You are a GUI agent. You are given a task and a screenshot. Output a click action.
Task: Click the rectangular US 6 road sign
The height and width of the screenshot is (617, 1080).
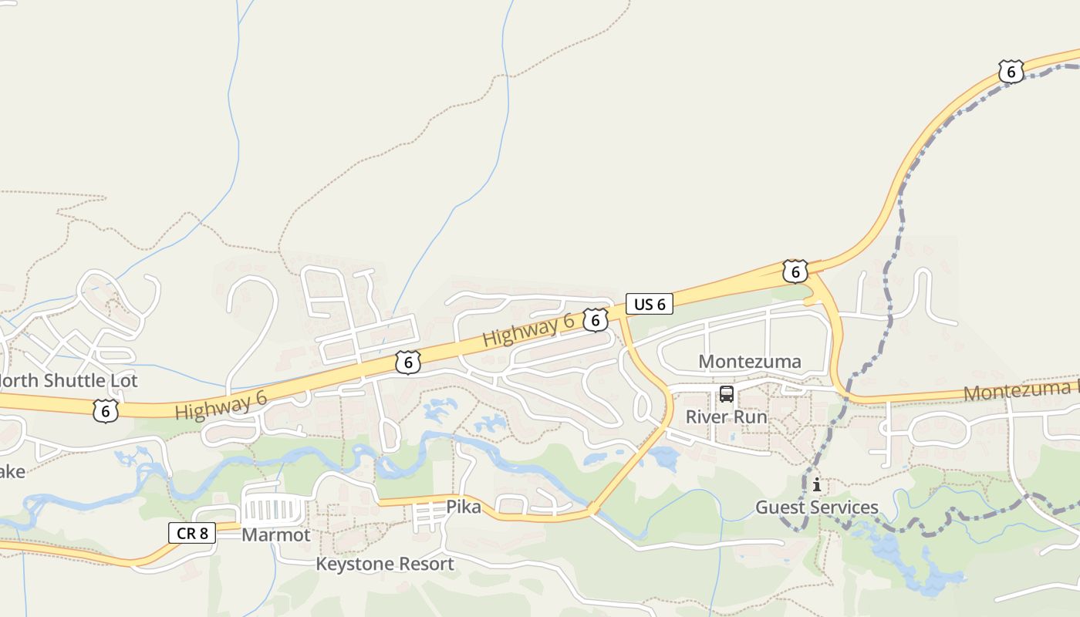click(x=649, y=305)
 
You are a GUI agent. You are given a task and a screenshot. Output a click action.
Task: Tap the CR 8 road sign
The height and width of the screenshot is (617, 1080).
click(x=191, y=532)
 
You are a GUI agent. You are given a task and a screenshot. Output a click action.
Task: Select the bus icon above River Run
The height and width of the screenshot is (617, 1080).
click(x=727, y=394)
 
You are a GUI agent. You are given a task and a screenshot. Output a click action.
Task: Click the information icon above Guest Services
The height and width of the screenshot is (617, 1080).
click(x=816, y=485)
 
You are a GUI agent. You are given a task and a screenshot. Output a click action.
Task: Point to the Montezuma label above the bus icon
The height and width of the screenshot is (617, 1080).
click(x=749, y=362)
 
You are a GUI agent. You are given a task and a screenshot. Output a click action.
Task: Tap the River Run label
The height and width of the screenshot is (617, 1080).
click(x=727, y=417)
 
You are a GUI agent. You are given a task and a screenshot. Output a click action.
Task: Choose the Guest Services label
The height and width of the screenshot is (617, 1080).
click(x=816, y=507)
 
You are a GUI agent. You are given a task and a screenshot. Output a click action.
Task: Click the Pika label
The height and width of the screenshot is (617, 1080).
click(x=464, y=507)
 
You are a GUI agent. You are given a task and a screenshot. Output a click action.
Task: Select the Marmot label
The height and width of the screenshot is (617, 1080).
click(x=276, y=534)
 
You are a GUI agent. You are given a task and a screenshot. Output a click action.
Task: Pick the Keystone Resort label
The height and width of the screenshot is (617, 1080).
click(x=385, y=564)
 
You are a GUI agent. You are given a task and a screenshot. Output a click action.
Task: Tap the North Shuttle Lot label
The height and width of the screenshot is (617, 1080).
click(x=69, y=380)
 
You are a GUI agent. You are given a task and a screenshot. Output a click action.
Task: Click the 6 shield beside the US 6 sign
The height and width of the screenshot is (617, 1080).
click(x=595, y=320)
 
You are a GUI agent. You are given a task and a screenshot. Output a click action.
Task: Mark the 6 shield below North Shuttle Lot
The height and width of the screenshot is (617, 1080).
click(x=105, y=410)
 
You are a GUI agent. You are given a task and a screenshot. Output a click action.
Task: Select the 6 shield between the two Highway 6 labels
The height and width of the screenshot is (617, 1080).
click(x=408, y=362)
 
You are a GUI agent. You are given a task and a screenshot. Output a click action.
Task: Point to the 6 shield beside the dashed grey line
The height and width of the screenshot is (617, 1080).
click(x=1010, y=72)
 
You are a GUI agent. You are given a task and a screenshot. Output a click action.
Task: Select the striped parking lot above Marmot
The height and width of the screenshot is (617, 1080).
click(x=272, y=509)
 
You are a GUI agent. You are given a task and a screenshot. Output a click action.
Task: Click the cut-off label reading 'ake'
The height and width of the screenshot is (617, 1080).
click(x=12, y=471)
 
